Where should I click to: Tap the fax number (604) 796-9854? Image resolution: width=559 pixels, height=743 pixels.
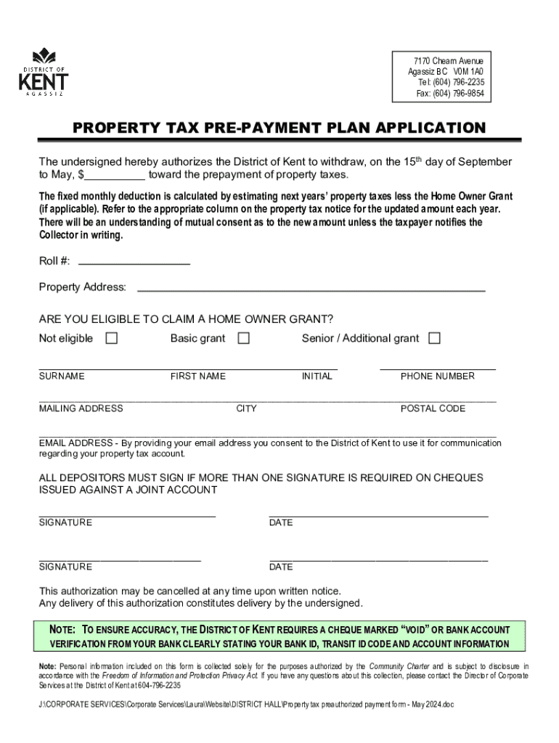[460, 94]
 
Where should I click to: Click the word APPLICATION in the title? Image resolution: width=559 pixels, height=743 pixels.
[429, 128]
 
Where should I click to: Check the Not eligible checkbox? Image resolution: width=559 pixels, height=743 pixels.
[112, 338]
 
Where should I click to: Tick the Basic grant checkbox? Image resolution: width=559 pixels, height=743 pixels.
[244, 338]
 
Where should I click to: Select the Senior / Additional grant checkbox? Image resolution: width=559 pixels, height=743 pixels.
[434, 338]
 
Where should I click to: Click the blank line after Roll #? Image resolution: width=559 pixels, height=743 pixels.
[134, 263]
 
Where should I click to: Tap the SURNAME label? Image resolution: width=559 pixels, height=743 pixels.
[62, 376]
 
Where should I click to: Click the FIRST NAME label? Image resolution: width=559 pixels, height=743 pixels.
[198, 376]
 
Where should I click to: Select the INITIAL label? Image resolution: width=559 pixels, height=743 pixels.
[317, 376]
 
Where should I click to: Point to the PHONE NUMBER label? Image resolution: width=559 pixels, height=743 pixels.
[438, 376]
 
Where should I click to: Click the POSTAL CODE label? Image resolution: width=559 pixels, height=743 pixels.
[433, 409]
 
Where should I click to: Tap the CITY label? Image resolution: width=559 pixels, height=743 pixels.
[247, 409]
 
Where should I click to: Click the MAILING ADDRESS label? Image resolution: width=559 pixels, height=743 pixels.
[81, 409]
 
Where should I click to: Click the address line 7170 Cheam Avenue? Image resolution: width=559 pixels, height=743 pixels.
[449, 61]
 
